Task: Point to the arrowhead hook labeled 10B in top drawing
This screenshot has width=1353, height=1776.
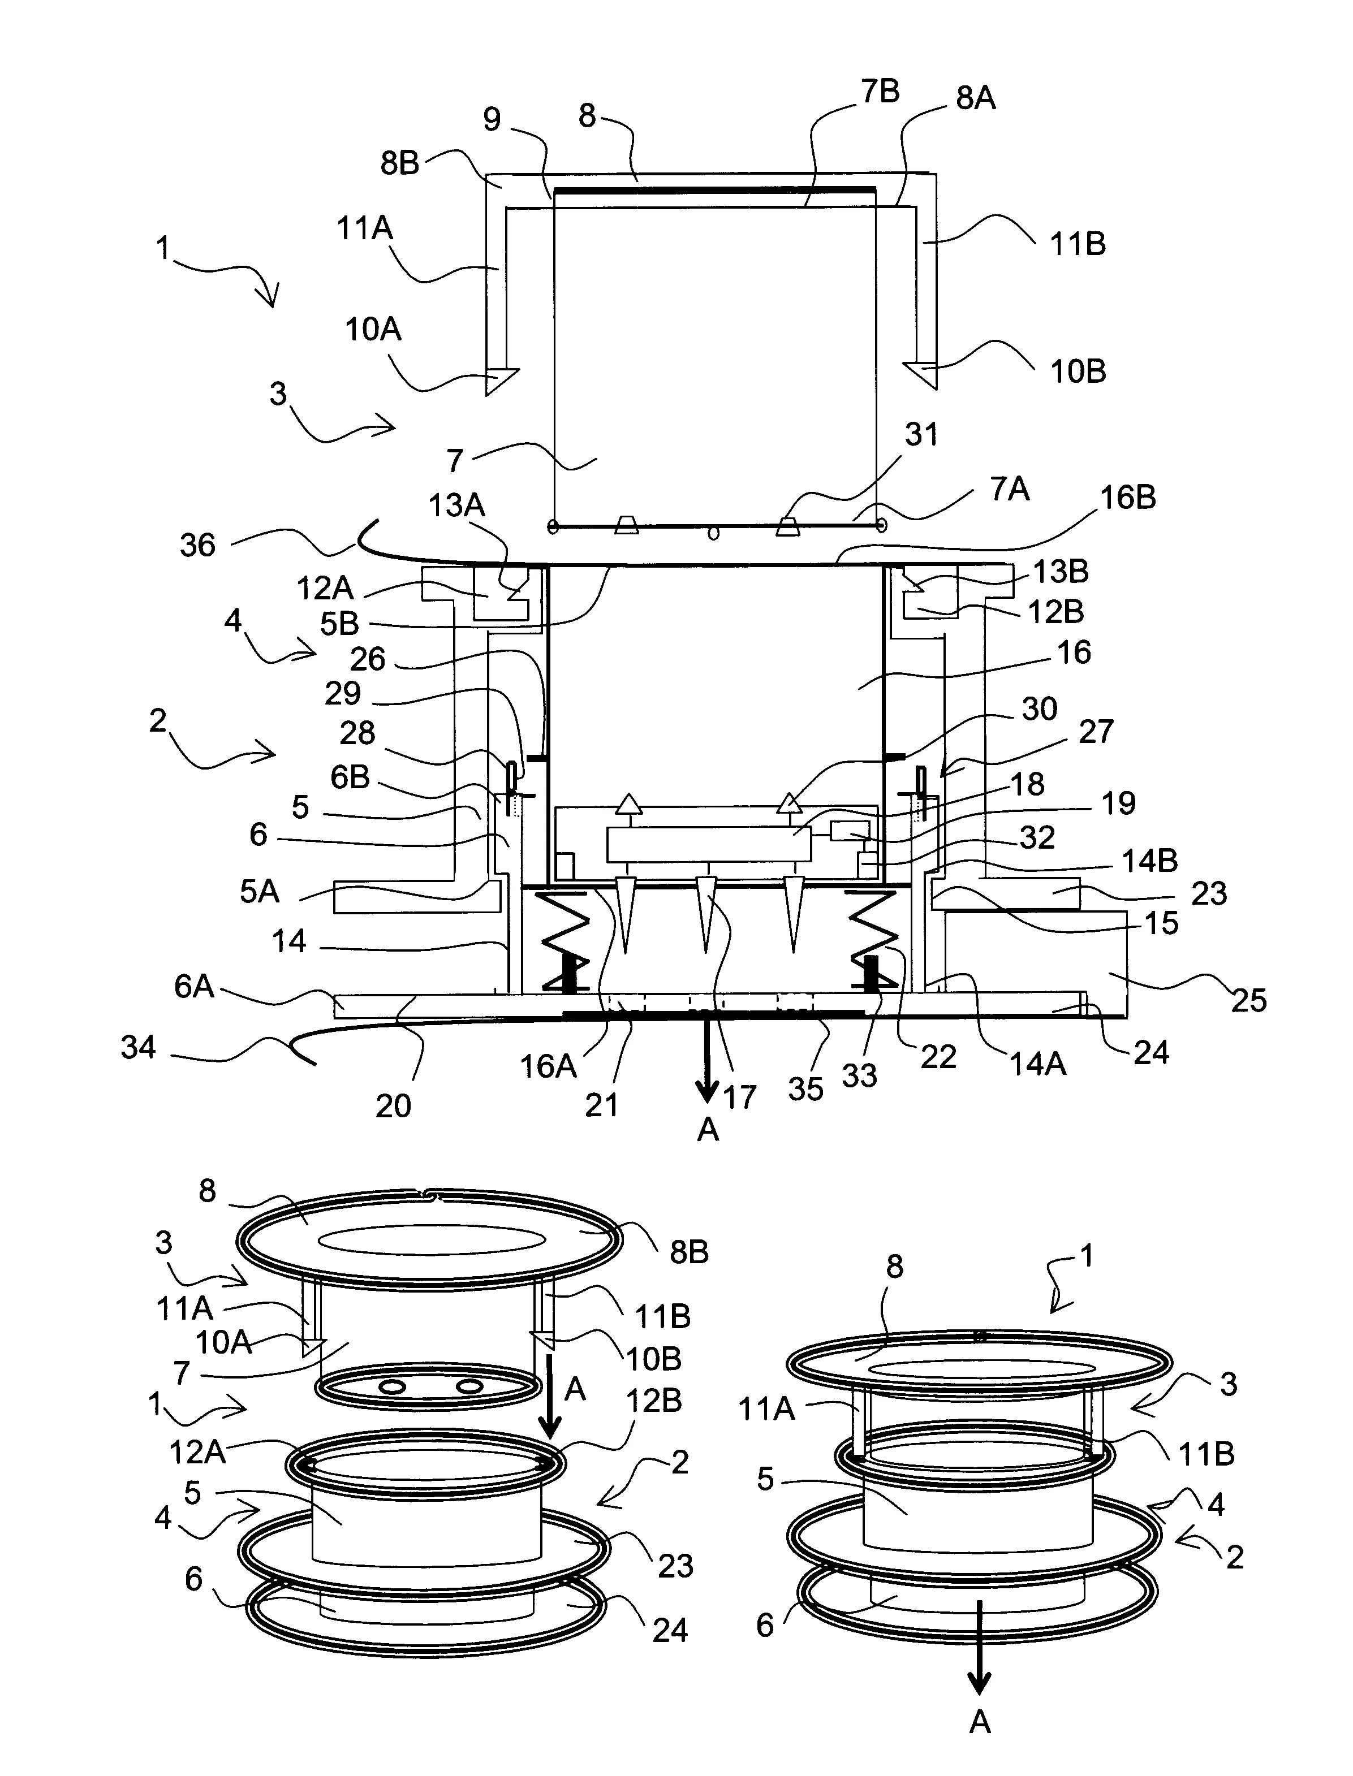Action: point(922,374)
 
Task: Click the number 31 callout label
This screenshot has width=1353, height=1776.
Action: point(921,435)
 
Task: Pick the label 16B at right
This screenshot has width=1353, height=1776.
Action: point(1127,498)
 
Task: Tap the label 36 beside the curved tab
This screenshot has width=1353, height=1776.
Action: point(197,545)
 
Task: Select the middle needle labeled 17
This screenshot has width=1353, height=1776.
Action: point(706,914)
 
